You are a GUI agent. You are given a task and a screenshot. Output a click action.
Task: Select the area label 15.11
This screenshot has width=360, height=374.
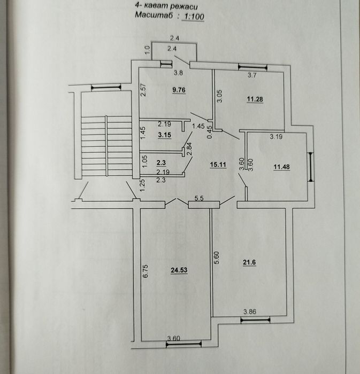point(218,165)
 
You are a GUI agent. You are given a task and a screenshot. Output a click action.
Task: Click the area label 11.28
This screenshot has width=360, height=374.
point(256,99)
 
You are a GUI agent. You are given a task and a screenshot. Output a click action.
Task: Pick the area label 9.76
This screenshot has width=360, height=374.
point(178,90)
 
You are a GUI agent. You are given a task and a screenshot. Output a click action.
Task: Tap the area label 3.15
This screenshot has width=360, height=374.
point(164,136)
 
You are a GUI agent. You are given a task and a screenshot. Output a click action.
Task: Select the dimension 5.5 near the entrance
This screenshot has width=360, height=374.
point(198,198)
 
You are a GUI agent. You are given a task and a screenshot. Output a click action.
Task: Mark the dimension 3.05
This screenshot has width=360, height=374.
point(220,97)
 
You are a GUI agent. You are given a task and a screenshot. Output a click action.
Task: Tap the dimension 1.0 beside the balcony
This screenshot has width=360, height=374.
point(148,52)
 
